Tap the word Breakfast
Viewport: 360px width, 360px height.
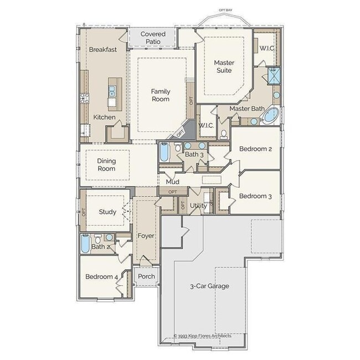point(103,50)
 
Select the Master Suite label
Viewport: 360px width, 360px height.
point(224,67)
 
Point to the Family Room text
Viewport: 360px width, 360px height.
point(161,95)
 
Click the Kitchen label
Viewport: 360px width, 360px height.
point(104,117)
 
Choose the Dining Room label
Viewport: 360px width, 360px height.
point(106,164)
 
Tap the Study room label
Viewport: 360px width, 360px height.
point(107,212)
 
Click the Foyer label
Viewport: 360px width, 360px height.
point(146,236)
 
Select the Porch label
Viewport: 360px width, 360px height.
point(146,276)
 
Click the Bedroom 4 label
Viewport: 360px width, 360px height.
point(101,277)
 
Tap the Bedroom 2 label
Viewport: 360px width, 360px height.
point(255,150)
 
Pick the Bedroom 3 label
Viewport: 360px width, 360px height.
point(255,196)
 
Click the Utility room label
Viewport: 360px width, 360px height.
point(198,207)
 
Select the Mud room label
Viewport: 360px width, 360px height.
point(172,181)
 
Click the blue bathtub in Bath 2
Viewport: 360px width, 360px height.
point(85,244)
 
